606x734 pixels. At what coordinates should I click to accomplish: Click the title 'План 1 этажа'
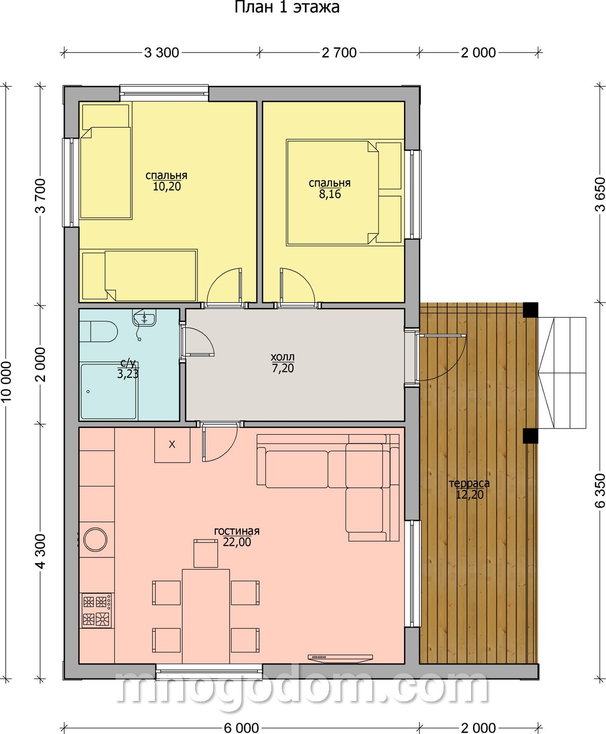click(287, 8)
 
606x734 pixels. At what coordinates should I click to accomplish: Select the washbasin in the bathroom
click(144, 319)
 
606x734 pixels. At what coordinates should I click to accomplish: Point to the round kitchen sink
click(95, 539)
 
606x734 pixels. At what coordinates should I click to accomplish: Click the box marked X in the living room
click(172, 445)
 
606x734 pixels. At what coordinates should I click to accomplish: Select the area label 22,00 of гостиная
click(237, 542)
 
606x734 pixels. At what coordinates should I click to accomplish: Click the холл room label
click(283, 357)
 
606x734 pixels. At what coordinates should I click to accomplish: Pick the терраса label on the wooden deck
click(469, 483)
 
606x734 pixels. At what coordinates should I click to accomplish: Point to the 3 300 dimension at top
click(162, 53)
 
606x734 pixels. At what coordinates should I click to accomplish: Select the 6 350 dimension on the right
click(600, 491)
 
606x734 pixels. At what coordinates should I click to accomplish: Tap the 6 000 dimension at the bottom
click(241, 728)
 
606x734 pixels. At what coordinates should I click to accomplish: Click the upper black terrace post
click(530, 310)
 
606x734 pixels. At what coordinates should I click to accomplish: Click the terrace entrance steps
click(562, 373)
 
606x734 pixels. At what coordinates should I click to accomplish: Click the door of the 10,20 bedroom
click(225, 287)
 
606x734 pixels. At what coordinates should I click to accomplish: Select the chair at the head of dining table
click(205, 554)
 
